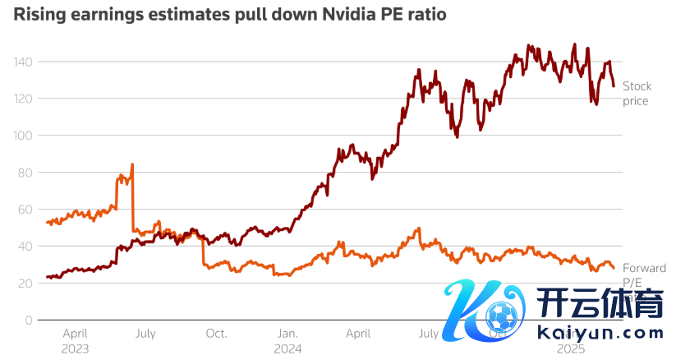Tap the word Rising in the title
point(36,14)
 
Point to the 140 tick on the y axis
point(23,62)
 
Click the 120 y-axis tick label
point(23,99)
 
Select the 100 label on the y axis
point(23,136)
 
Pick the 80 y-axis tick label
point(25,173)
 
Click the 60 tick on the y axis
point(25,210)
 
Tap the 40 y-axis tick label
point(25,247)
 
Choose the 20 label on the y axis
point(25,284)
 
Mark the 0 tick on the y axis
point(29,321)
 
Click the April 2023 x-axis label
point(76,341)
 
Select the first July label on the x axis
point(145,335)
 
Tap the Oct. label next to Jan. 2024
point(216,335)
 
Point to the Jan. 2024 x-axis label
point(288,341)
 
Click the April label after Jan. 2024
point(358,335)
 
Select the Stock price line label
point(636,94)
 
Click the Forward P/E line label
point(644,275)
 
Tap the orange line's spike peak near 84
point(132,165)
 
